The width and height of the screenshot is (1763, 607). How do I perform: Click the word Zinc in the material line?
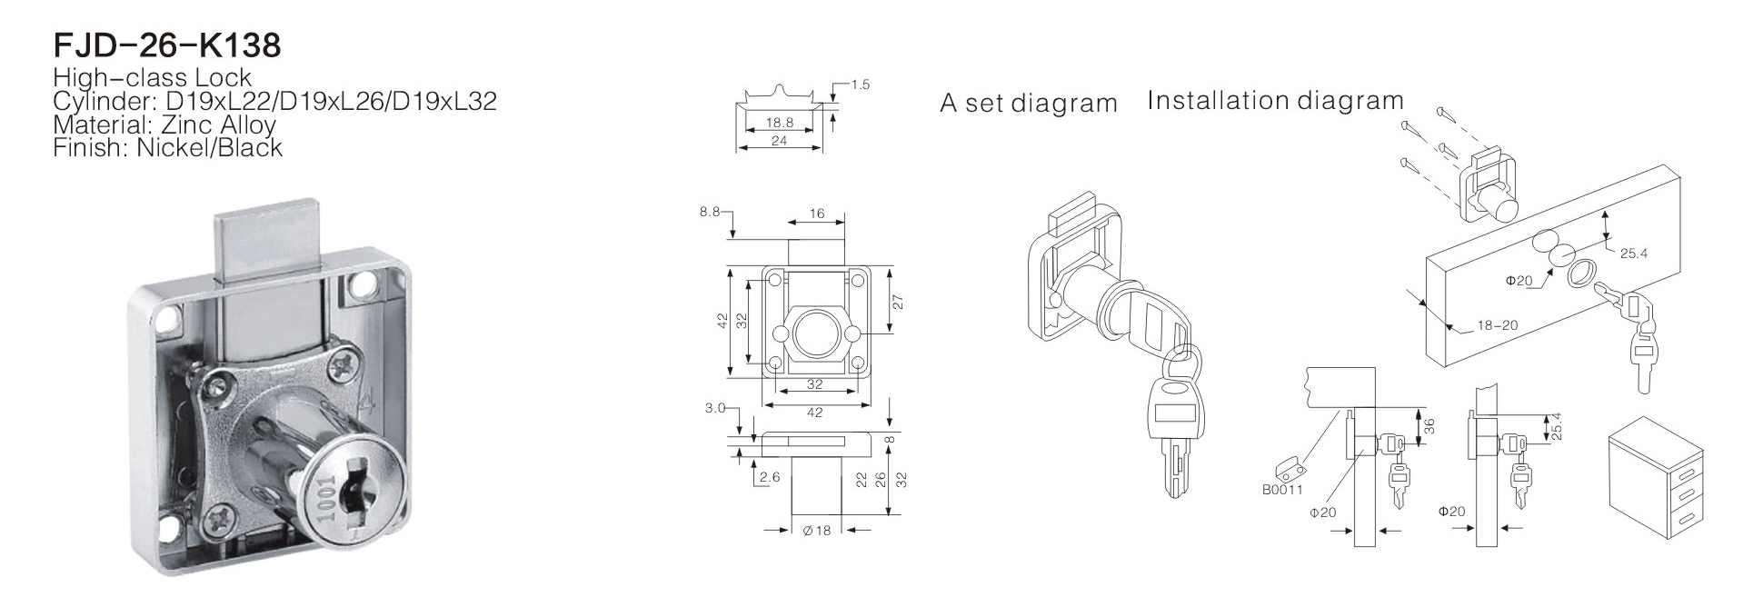point(169,124)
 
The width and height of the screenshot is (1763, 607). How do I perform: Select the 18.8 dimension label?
point(780,121)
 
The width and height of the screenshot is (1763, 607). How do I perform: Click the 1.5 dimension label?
point(860,85)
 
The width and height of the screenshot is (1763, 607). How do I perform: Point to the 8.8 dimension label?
point(710,212)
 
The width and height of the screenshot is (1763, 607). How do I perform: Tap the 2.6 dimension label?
point(770,478)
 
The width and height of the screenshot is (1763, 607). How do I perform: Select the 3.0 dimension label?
point(714,408)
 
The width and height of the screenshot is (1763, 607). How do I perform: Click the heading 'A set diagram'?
point(1029,104)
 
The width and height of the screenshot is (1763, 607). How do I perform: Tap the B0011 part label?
point(1282,491)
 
